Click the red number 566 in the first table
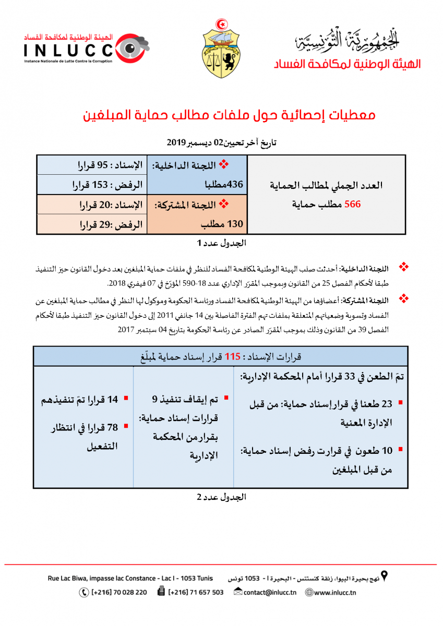(x=352, y=204)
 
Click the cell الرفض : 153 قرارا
(x=106, y=185)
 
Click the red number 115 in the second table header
(x=232, y=357)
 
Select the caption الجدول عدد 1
(x=221, y=243)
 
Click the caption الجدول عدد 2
(x=221, y=497)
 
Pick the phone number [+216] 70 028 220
(x=118, y=592)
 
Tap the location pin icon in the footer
(x=385, y=576)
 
